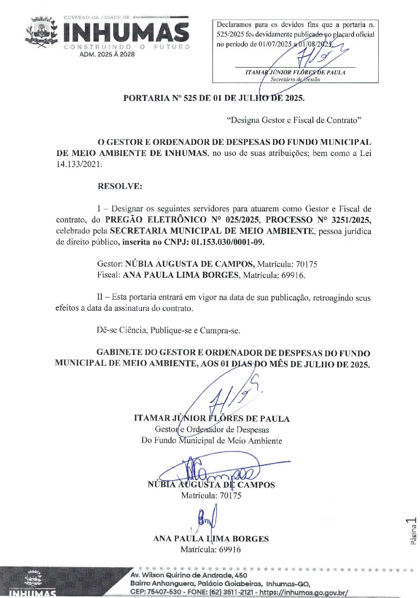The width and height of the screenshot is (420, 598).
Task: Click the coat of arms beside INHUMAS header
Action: coord(41,32)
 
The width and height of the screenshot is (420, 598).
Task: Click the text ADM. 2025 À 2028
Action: coord(107,54)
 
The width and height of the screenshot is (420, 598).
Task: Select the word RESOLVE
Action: coord(120,186)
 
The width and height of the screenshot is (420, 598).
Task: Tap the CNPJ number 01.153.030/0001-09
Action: coord(228,242)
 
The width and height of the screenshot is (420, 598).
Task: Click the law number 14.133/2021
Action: coord(79,164)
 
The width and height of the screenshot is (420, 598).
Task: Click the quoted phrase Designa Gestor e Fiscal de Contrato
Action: coord(294,120)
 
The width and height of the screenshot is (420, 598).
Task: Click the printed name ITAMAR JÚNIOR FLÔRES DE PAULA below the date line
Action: coord(212,419)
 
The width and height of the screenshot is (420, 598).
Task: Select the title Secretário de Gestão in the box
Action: coord(295,79)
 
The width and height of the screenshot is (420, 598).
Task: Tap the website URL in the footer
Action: coord(304,593)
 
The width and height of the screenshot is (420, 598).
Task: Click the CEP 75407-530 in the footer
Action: coord(156,593)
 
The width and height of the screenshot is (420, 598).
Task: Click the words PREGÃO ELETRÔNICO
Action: coord(156,220)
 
